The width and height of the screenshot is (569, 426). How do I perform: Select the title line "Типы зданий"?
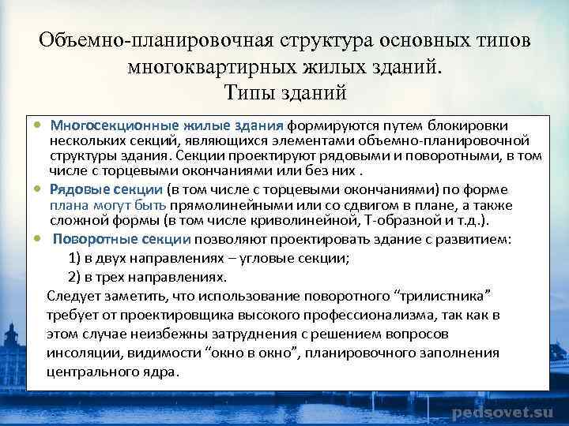point(285,93)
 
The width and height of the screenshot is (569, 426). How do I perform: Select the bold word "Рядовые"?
point(78,190)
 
